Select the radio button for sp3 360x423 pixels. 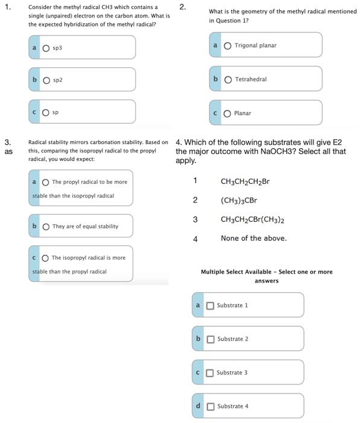46,48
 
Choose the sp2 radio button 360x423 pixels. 46,80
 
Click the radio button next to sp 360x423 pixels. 46,112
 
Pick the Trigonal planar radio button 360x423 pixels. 228,46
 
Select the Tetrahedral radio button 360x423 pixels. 228,80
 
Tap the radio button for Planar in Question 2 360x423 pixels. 228,113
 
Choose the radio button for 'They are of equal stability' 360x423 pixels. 45,227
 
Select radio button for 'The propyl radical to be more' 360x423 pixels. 45,182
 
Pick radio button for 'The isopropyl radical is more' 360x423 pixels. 45,258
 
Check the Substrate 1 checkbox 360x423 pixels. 210,305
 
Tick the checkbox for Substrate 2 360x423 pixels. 210,339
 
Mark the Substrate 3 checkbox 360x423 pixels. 210,373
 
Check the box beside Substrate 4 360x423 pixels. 210,407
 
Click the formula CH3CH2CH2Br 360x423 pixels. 245,181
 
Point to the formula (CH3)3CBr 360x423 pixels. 239,201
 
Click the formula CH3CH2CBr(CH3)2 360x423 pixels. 253,220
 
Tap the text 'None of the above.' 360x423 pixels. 253,239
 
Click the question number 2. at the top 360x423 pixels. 183,7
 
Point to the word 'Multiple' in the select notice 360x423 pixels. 213,272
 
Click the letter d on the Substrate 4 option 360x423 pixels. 198,406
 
